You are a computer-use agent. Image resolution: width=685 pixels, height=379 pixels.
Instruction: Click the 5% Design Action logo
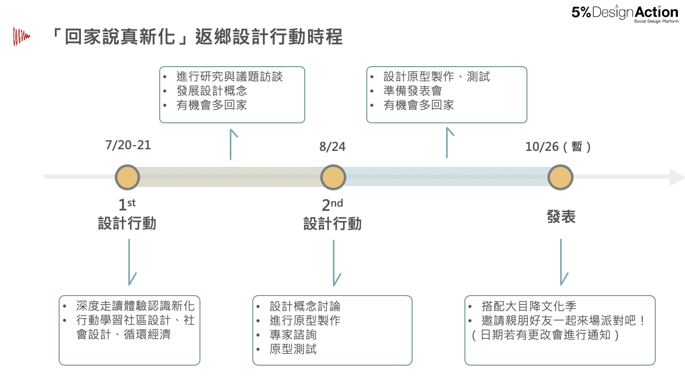624,13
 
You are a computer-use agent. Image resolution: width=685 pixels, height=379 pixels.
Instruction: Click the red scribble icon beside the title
21,36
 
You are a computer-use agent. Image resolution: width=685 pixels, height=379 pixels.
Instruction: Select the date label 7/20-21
128,145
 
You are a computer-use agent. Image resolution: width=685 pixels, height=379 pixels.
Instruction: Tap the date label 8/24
332,147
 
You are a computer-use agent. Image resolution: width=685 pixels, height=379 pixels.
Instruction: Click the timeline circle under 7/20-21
127,177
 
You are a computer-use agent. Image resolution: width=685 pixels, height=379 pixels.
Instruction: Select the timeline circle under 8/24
333,177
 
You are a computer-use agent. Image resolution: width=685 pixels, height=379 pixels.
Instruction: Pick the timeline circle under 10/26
560,177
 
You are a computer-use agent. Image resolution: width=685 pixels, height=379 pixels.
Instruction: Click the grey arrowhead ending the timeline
677,177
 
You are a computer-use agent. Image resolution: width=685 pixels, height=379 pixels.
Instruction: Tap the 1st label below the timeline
127,205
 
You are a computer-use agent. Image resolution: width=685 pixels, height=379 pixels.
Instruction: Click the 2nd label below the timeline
332,205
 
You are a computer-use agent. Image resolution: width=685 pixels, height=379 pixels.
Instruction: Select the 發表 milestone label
561,217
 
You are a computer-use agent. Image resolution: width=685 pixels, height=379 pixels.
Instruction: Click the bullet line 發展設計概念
212,91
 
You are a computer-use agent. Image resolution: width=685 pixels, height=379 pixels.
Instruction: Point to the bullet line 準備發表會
413,91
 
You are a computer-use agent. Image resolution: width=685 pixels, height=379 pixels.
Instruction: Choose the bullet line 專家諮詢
293,335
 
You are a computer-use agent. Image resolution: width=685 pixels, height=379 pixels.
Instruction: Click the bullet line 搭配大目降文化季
529,306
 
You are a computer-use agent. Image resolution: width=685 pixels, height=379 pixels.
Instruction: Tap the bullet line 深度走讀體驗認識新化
135,306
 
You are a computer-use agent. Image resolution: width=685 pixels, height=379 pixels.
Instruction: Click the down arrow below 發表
561,262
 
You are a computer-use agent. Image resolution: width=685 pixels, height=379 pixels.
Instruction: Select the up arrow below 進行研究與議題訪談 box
231,144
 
